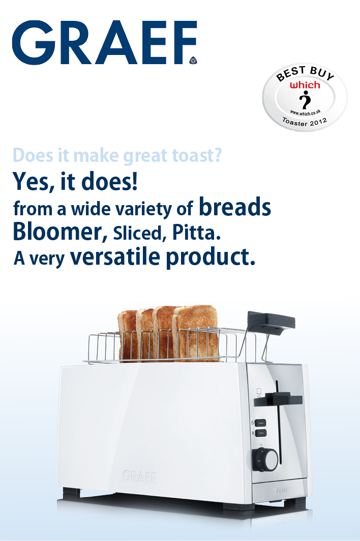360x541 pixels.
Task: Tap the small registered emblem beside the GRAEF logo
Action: (193, 61)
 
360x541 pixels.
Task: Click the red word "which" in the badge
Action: (305, 85)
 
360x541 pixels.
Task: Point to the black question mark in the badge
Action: (305, 100)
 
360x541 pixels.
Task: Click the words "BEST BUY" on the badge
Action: (305, 73)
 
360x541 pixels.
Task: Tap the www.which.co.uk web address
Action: (305, 112)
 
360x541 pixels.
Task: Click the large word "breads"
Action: (235, 207)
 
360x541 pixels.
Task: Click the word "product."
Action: (211, 258)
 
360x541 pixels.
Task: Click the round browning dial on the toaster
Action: (265, 460)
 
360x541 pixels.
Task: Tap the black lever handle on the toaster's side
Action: (278, 400)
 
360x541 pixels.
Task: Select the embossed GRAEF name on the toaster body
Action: (140, 476)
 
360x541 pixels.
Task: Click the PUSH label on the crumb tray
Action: (281, 490)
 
